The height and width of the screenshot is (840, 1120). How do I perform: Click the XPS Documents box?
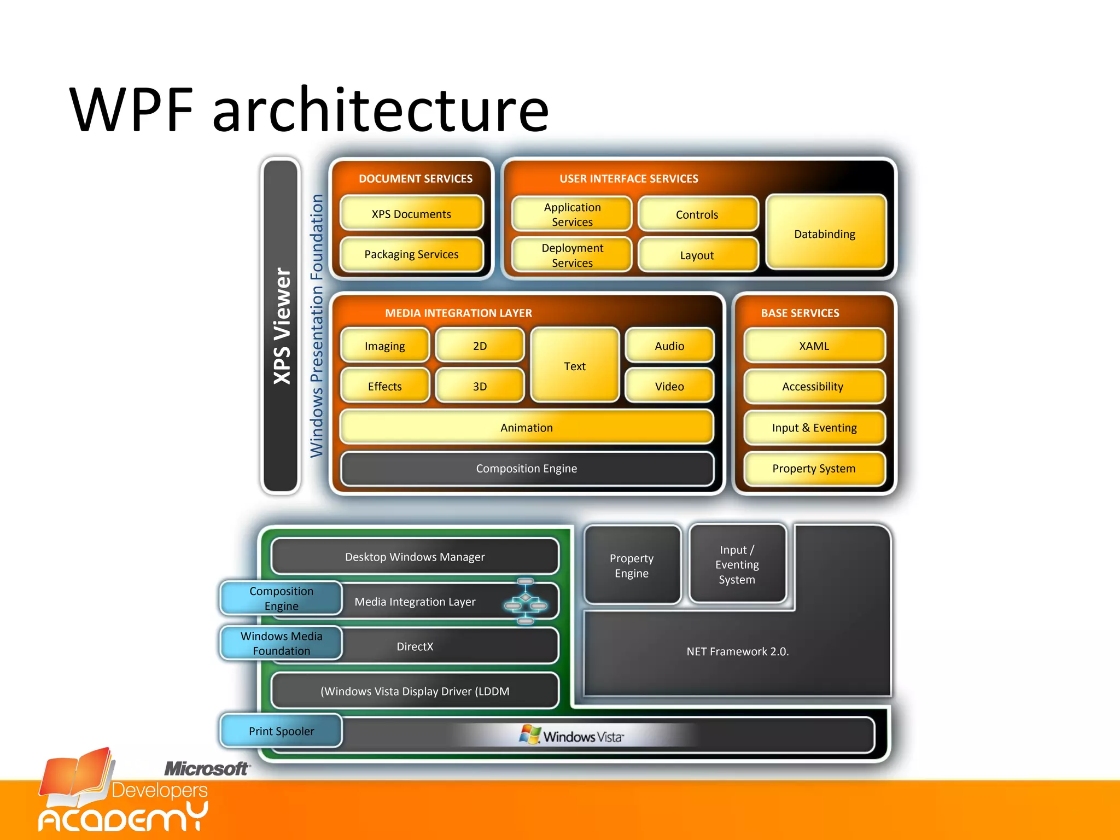click(411, 214)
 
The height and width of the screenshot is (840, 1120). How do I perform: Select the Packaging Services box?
click(411, 254)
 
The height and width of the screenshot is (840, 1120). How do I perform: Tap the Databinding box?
click(825, 234)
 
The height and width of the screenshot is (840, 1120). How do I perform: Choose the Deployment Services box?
click(572, 255)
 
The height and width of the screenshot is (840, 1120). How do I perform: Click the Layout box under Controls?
click(697, 255)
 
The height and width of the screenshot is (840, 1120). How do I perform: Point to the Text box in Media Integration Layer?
click(575, 366)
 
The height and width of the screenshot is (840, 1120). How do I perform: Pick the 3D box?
click(480, 386)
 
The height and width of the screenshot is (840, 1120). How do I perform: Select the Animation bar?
click(526, 427)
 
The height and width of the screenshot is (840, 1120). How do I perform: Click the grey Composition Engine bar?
click(526, 468)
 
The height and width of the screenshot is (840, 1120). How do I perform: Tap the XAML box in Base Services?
click(814, 346)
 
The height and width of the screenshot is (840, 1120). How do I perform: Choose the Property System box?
click(814, 468)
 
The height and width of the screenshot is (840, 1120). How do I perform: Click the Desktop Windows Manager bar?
click(415, 557)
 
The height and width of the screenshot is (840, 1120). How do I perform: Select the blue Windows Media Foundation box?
click(281, 643)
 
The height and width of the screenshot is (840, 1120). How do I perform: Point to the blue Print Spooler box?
click(281, 731)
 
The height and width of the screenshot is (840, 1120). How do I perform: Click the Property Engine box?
click(632, 565)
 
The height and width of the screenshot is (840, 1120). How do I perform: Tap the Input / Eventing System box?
click(737, 564)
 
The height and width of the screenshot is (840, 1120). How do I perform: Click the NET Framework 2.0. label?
click(737, 651)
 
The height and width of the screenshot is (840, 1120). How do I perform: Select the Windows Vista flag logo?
click(529, 734)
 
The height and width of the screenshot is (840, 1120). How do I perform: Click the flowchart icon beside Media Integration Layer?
click(526, 602)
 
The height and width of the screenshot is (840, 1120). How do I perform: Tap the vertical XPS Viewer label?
click(281, 326)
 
